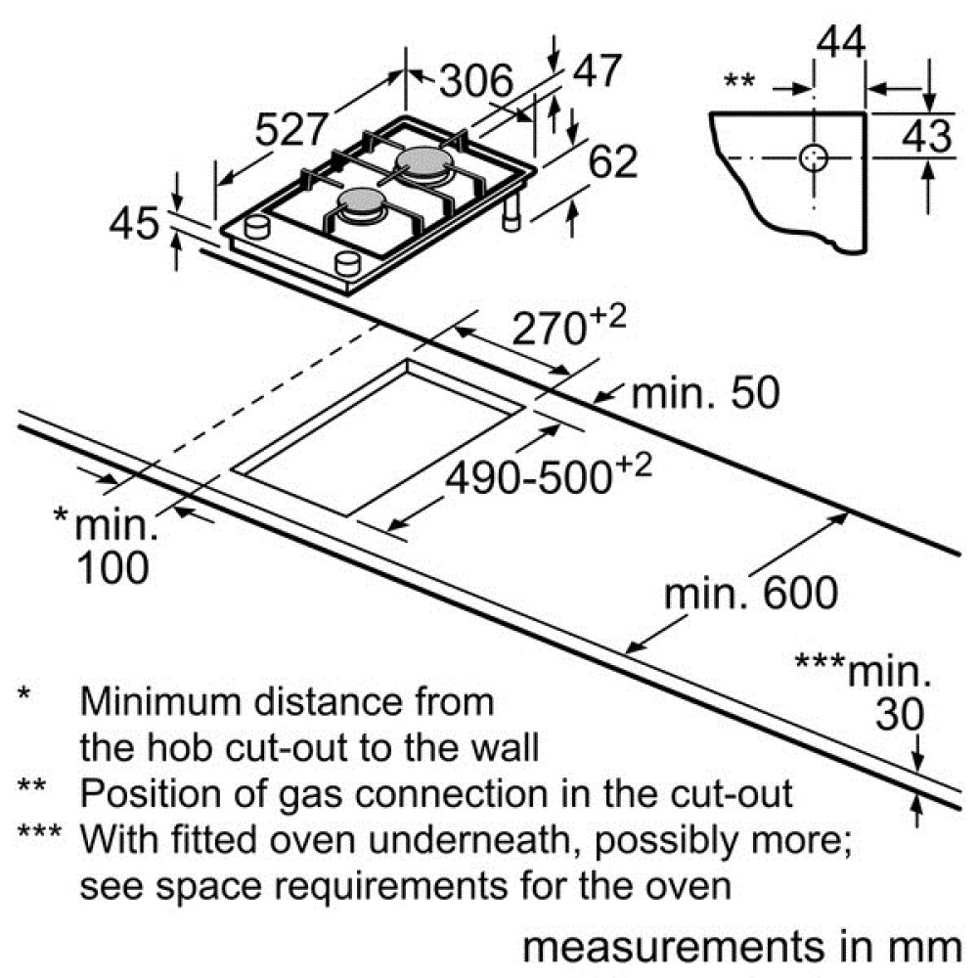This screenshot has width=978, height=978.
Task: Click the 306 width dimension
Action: tap(476, 80)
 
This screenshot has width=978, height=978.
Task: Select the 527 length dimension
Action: tap(291, 129)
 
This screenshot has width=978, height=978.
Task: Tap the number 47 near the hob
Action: tap(597, 70)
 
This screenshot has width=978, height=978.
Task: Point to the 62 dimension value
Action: tap(613, 161)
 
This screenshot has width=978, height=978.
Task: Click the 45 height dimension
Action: tap(133, 223)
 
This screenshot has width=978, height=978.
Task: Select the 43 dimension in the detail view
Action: tap(927, 135)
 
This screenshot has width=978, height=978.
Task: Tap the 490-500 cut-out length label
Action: tap(549, 475)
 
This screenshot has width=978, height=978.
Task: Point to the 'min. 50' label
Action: tap(705, 393)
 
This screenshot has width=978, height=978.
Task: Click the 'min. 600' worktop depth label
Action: tap(750, 593)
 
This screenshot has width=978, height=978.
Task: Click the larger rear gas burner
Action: tap(424, 164)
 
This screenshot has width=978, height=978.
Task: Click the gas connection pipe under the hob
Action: tap(512, 211)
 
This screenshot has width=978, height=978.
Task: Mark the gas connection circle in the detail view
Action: tap(814, 157)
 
